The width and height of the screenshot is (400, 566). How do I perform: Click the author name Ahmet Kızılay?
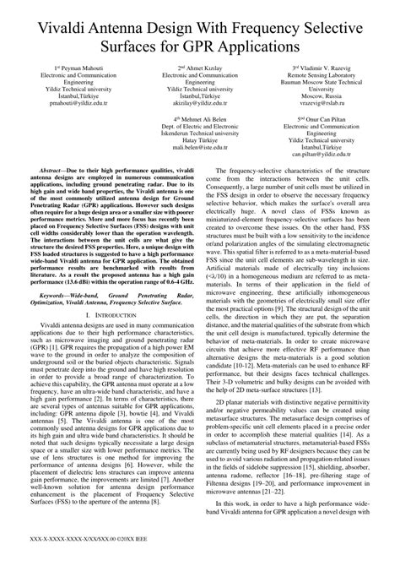(201, 67)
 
